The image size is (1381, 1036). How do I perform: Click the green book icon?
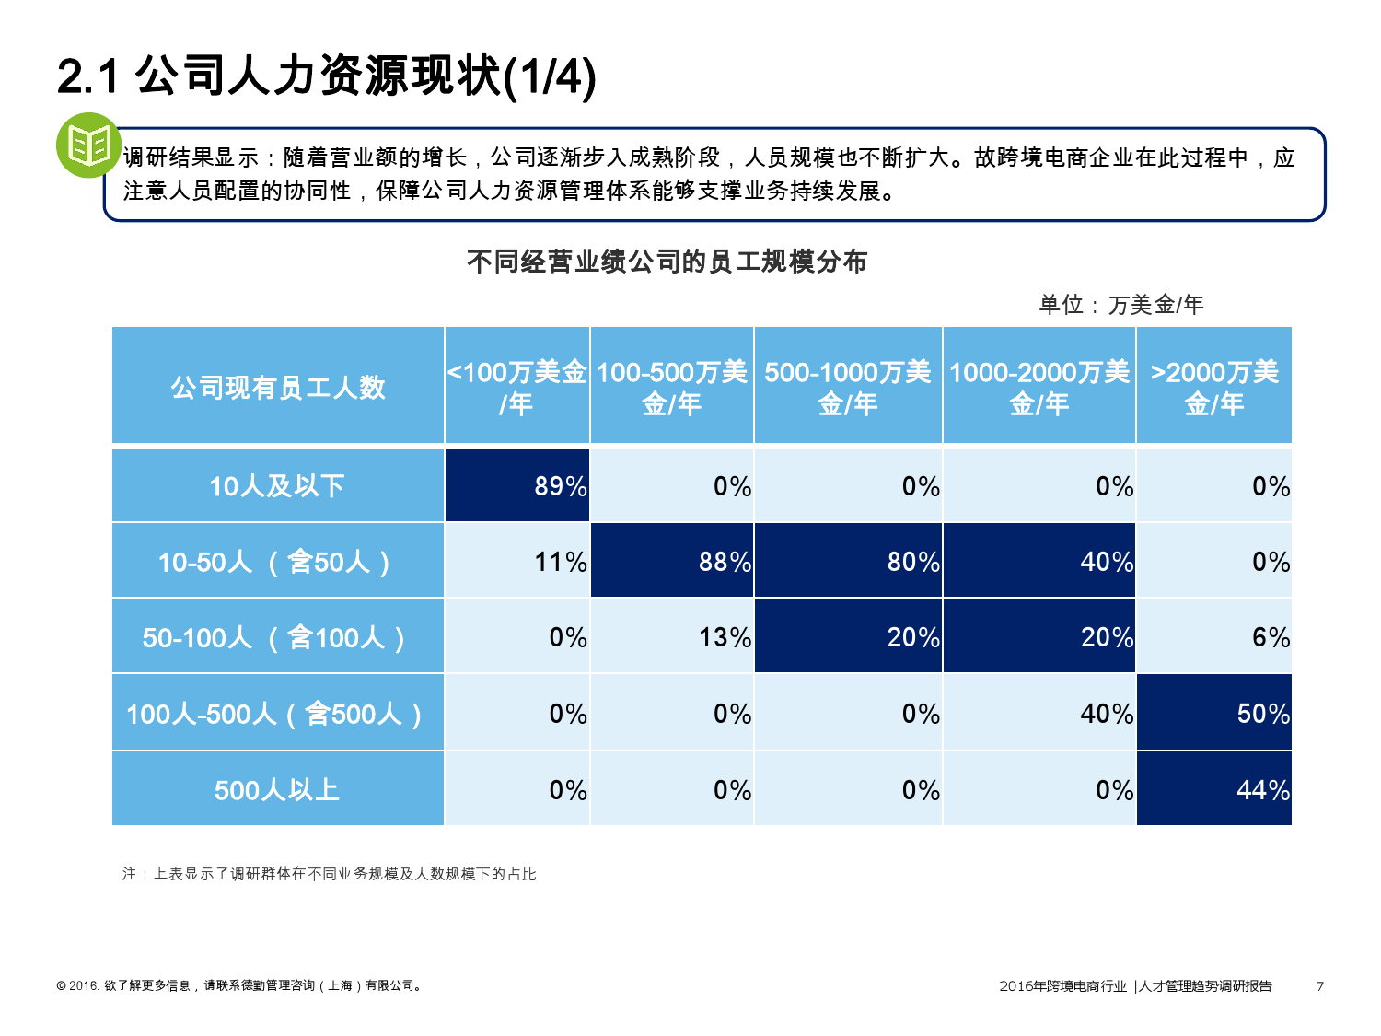pos(88,146)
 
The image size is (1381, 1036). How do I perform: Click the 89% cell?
pos(517,485)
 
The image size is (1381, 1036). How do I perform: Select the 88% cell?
pos(672,561)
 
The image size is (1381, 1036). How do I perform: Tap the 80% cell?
pos(848,561)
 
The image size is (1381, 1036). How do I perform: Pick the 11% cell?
pos(517,561)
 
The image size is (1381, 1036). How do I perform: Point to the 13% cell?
pos(672,636)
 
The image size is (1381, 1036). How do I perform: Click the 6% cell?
pos(1214,636)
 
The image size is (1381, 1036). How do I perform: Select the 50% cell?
pos(1214,713)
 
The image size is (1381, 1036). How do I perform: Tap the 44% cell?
pos(1214,789)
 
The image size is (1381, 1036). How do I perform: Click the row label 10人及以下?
pos(277,485)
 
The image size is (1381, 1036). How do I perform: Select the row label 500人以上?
pos(277,789)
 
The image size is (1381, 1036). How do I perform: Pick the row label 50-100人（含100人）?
pos(277,636)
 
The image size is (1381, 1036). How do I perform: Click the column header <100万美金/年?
pos(517,387)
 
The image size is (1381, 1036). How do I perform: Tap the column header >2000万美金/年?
pos(1214,387)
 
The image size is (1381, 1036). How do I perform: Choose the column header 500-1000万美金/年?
pos(848,387)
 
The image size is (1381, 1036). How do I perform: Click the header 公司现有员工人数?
pos(277,387)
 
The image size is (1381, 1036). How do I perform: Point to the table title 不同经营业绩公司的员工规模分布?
pos(667,262)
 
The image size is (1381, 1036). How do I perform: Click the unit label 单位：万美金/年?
pos(1120,305)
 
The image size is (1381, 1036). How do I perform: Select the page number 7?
pos(1320,986)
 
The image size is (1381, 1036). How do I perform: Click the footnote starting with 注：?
pos(329,874)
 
